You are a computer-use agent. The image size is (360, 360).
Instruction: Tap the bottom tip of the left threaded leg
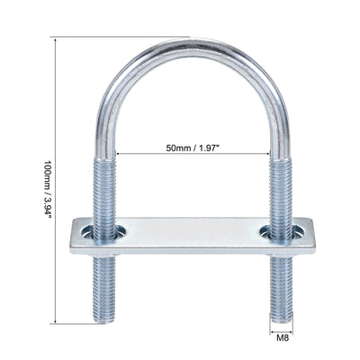(108, 318)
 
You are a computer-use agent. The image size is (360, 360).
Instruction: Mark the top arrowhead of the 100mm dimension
(58, 39)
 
